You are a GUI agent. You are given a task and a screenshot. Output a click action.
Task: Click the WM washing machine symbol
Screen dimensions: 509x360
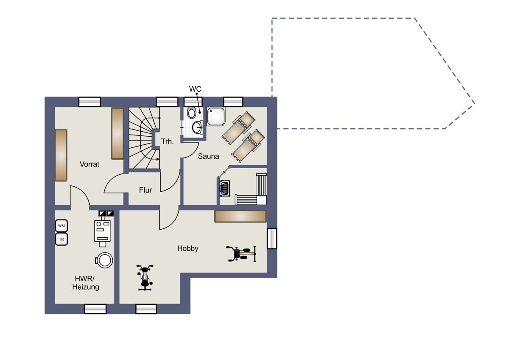coord(62,226)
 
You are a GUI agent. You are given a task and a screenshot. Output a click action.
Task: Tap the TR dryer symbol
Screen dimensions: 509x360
coord(62,239)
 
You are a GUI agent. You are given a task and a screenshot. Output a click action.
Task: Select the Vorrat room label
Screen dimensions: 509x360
coord(89,164)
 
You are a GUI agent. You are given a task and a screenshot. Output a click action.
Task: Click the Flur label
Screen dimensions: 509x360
coord(145,190)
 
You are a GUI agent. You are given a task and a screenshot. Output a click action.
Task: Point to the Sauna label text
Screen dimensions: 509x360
coord(208,156)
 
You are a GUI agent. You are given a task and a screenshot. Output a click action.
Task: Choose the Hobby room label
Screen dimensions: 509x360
coord(187,248)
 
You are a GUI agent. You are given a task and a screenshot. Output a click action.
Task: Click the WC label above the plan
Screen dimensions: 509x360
coord(195,89)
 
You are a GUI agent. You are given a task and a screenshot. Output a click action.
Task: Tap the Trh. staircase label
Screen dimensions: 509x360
coord(168,141)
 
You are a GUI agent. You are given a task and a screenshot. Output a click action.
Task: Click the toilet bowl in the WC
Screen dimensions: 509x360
coord(192,113)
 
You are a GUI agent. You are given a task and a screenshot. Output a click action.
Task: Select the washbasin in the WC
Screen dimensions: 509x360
coord(198,127)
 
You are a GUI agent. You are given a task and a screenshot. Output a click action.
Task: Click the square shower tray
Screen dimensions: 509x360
coord(216,117)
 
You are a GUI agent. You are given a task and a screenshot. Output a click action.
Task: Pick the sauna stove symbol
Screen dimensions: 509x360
coord(225,188)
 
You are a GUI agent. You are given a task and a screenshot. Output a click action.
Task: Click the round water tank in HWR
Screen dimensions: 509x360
coord(104,260)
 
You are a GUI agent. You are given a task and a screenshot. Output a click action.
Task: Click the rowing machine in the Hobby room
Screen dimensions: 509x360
coord(241,253)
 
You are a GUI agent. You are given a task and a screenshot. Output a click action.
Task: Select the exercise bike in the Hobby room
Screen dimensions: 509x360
coord(145,278)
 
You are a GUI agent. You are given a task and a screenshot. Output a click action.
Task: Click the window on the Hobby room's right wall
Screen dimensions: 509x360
coord(272,239)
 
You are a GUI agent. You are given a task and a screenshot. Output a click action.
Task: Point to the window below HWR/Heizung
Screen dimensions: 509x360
coord(95,309)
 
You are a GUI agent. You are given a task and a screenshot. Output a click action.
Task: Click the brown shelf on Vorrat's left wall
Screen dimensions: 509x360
coord(61,155)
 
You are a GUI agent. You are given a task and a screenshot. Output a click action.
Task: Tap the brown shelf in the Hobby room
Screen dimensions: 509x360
coord(241,216)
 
